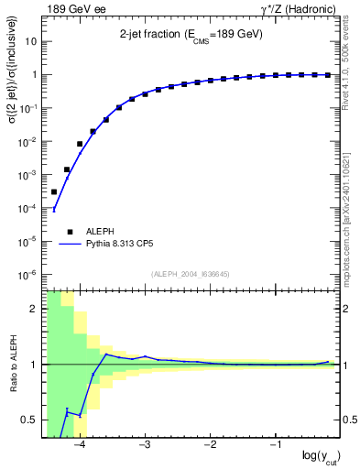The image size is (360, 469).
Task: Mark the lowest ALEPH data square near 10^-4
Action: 54,191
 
